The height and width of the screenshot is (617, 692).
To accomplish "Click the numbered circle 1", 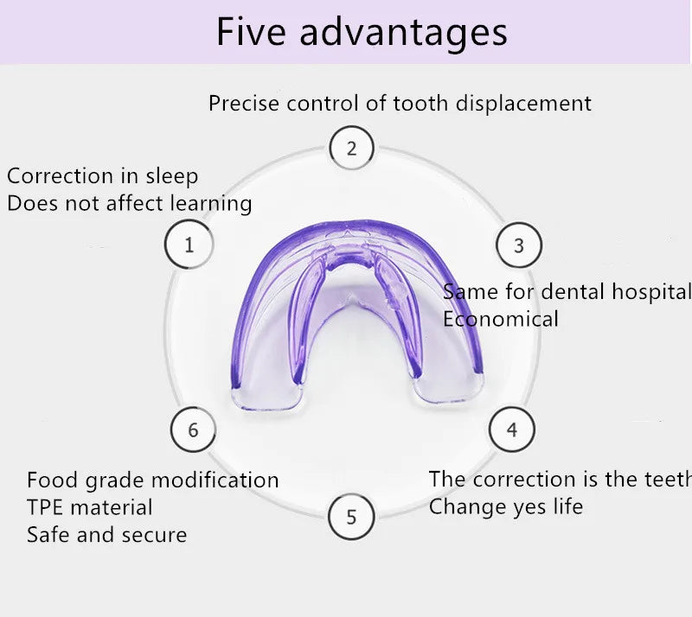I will (189, 245).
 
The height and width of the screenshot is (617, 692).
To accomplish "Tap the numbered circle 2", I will (351, 148).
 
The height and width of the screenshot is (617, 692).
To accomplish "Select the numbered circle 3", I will (518, 245).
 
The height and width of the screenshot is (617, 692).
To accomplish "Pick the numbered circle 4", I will (512, 429).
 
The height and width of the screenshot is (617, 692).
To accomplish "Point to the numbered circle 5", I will (351, 517).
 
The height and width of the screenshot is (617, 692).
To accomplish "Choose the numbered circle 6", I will (193, 429).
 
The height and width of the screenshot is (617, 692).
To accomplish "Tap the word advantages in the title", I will (403, 33).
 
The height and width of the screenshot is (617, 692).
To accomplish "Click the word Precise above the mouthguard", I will (245, 104).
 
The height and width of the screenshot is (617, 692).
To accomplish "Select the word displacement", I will (523, 104).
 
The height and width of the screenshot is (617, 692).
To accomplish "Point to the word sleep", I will (171, 177).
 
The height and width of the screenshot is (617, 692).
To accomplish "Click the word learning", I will (210, 204).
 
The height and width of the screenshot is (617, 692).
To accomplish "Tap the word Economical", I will (501, 319).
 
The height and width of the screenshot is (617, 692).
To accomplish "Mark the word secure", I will (158, 535).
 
